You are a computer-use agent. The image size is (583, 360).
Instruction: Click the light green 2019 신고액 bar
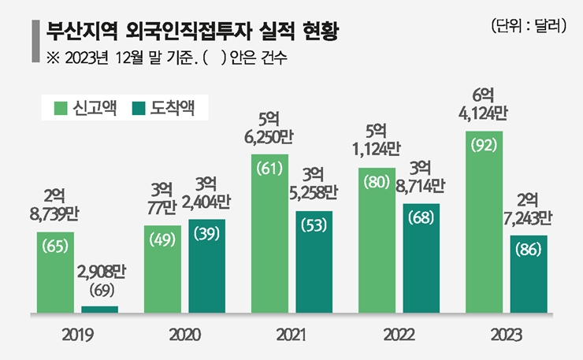click(x=54, y=272)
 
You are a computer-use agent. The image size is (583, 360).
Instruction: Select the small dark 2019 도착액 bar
click(x=100, y=309)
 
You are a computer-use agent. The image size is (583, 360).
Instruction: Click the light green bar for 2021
click(x=269, y=233)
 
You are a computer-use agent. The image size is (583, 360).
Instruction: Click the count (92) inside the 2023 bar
click(x=483, y=145)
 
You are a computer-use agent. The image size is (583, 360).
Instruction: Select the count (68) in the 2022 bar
click(x=421, y=217)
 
